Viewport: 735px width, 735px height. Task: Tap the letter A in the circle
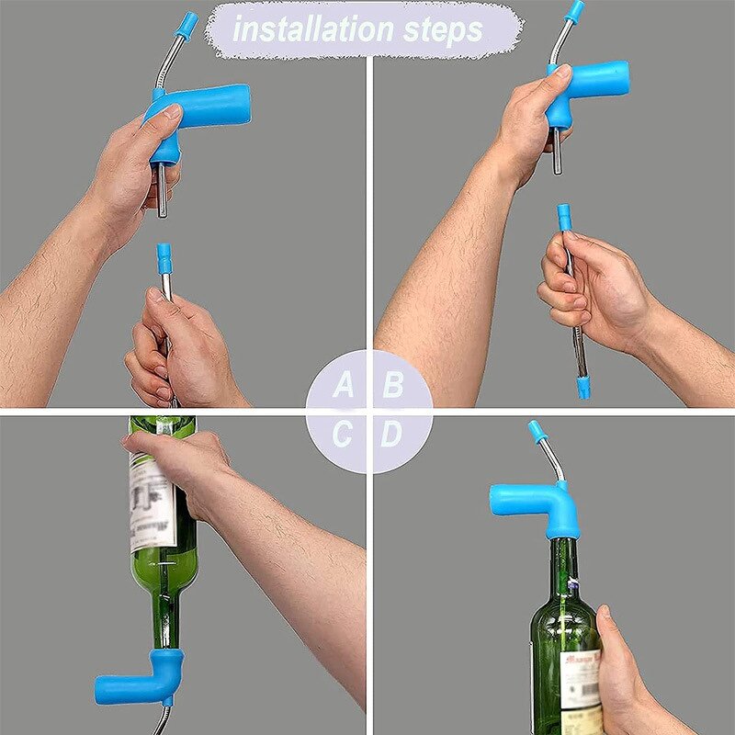pyautogui.click(x=343, y=385)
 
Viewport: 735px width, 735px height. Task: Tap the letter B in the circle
pyautogui.click(x=393, y=385)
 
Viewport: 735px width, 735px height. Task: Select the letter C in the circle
pyautogui.click(x=343, y=434)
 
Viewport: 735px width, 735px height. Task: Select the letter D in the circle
pyautogui.click(x=392, y=434)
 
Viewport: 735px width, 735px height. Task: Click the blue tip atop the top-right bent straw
pyautogui.click(x=575, y=11)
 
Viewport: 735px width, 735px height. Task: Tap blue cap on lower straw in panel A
pyautogui.click(x=164, y=257)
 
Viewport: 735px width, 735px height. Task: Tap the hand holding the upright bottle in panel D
pyautogui.click(x=625, y=666)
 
